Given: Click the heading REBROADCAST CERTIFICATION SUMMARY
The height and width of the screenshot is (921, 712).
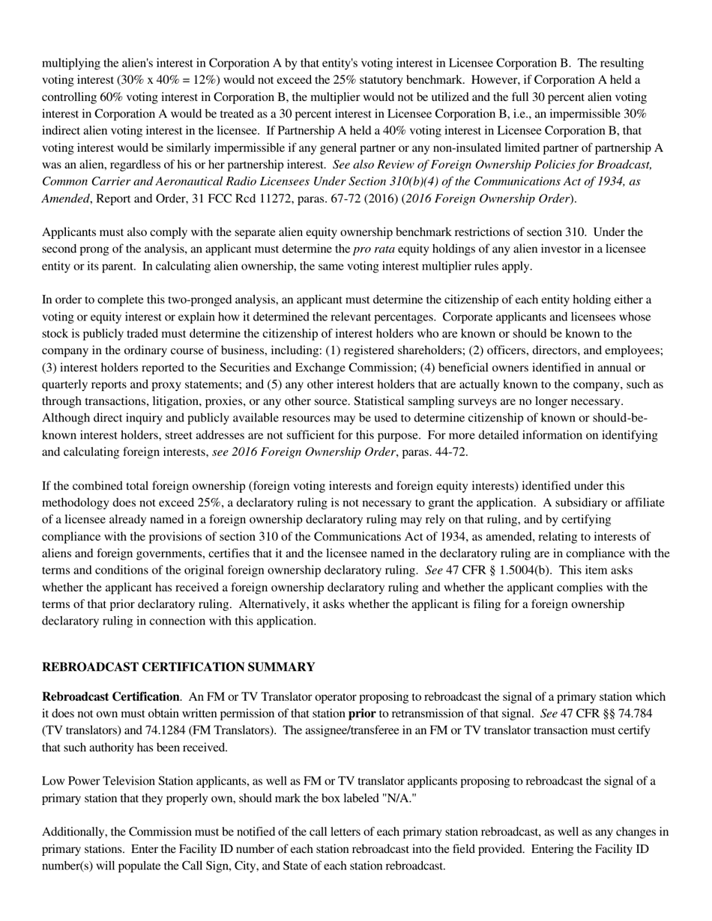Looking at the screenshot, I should (178, 667).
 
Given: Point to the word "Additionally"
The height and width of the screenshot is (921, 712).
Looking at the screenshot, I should (74, 832).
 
